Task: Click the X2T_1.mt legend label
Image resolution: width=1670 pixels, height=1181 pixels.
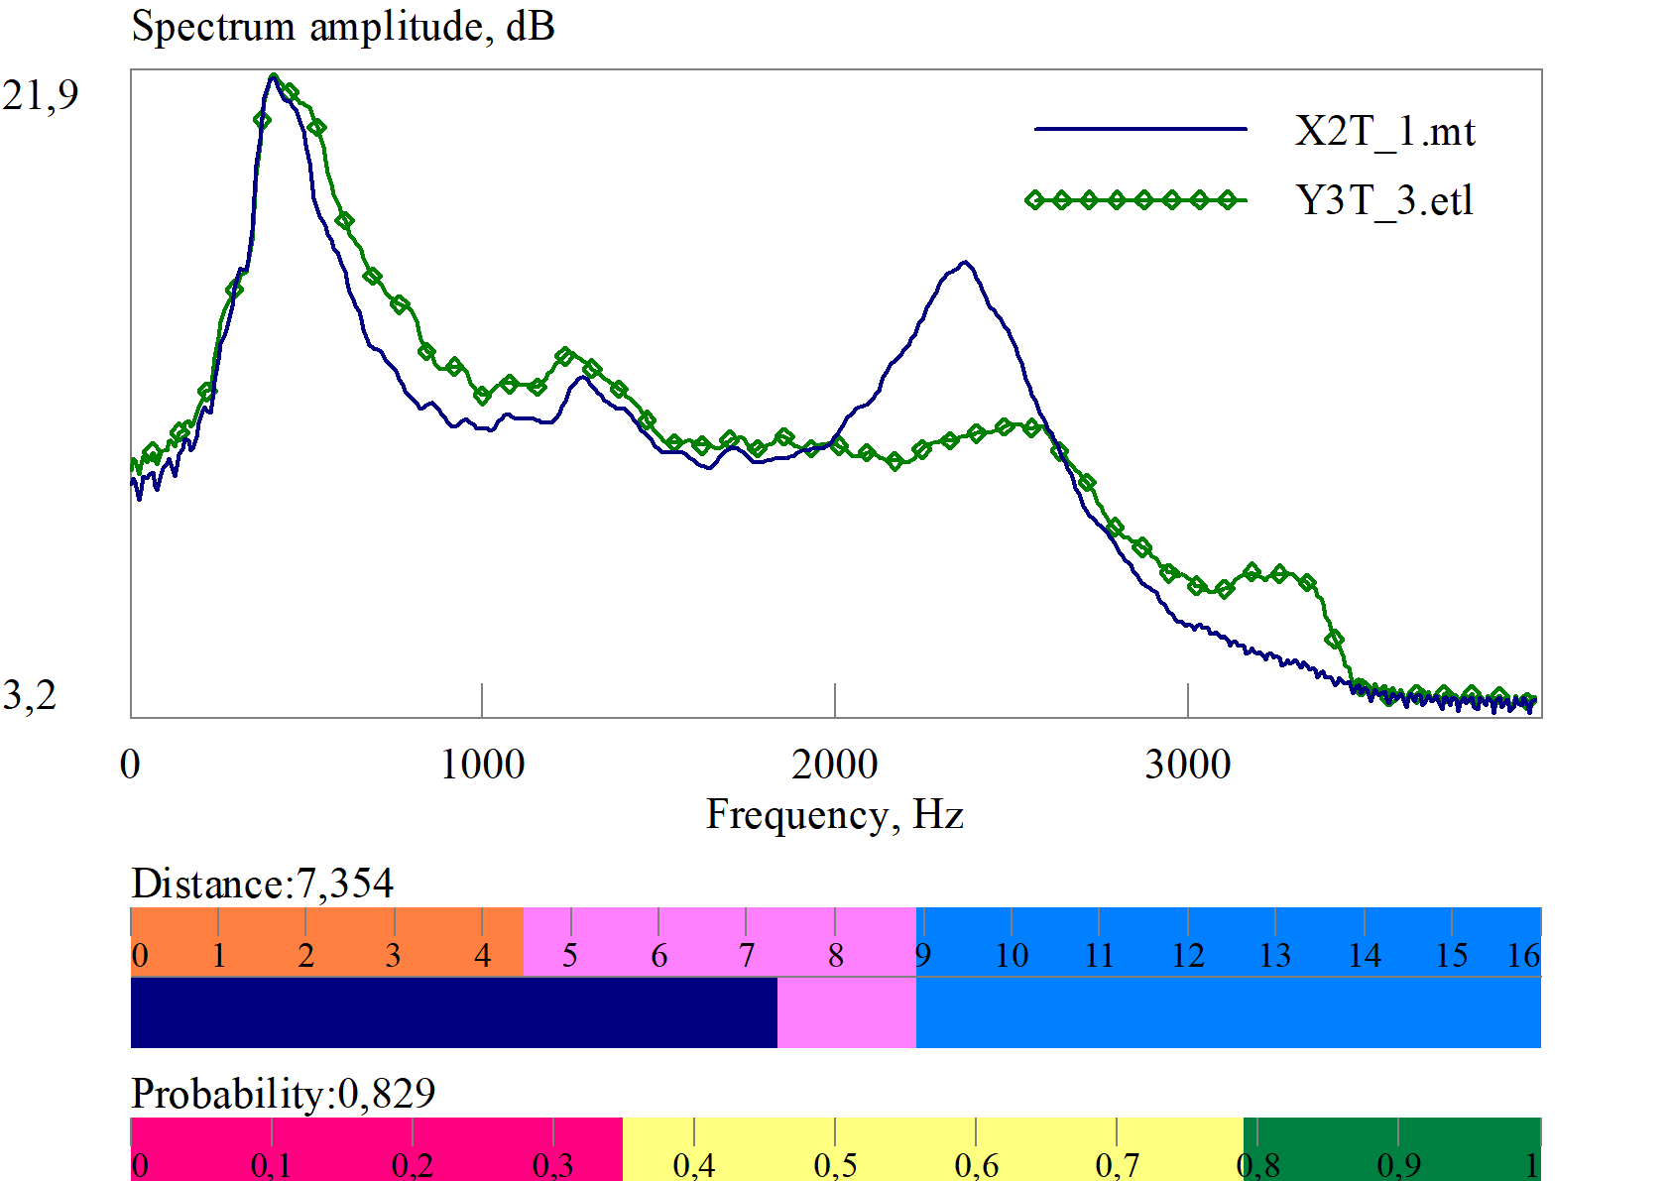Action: point(1384,131)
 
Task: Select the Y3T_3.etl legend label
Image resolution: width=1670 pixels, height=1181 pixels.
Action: point(1384,200)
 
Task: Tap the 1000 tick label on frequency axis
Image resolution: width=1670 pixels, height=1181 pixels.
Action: point(482,765)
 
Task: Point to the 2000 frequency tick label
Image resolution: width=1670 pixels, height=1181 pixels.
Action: point(835,765)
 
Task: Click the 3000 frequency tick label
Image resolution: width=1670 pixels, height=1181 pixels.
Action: point(1188,765)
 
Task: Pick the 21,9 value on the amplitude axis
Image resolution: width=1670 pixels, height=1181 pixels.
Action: point(41,95)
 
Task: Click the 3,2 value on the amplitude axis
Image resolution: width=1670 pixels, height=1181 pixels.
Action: point(30,695)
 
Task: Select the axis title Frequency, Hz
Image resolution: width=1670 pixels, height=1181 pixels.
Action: point(835,815)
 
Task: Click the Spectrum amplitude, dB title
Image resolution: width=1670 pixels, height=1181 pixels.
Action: point(343,27)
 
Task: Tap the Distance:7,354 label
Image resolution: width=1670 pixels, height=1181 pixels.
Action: point(263,884)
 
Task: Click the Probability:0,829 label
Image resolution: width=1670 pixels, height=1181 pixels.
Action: point(284,1094)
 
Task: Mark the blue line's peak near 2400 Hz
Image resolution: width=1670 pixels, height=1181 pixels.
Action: point(965,263)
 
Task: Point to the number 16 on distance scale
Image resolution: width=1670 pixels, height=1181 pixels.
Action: point(1523,956)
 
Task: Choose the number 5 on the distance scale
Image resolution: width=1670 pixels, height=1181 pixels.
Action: point(570,956)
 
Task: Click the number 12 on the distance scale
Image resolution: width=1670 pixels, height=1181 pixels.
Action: point(1188,956)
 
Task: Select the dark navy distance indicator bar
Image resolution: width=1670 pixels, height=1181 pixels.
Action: point(453,1012)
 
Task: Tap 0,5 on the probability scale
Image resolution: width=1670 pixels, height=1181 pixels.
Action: point(835,1165)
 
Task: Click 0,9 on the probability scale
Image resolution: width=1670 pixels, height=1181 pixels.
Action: point(1398,1165)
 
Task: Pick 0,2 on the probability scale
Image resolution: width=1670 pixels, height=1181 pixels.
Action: point(413,1165)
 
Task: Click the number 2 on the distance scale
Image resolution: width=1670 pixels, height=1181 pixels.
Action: point(306,956)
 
